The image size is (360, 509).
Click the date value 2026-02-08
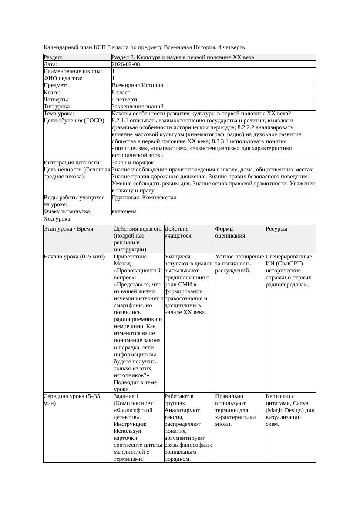(126, 64)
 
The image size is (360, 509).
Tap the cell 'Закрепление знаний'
(138, 106)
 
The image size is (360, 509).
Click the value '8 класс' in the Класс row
(121, 92)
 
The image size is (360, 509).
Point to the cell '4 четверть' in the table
(125, 99)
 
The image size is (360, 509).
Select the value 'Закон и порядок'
(133, 162)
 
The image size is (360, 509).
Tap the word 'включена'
(124, 211)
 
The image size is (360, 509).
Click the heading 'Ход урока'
(57, 219)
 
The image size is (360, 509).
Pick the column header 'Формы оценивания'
(230, 232)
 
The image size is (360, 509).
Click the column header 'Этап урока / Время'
(68, 229)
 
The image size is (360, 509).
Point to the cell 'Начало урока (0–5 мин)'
(74, 257)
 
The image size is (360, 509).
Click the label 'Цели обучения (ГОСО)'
(74, 121)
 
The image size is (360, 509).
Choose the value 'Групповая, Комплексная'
(144, 198)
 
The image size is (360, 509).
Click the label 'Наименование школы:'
(73, 71)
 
